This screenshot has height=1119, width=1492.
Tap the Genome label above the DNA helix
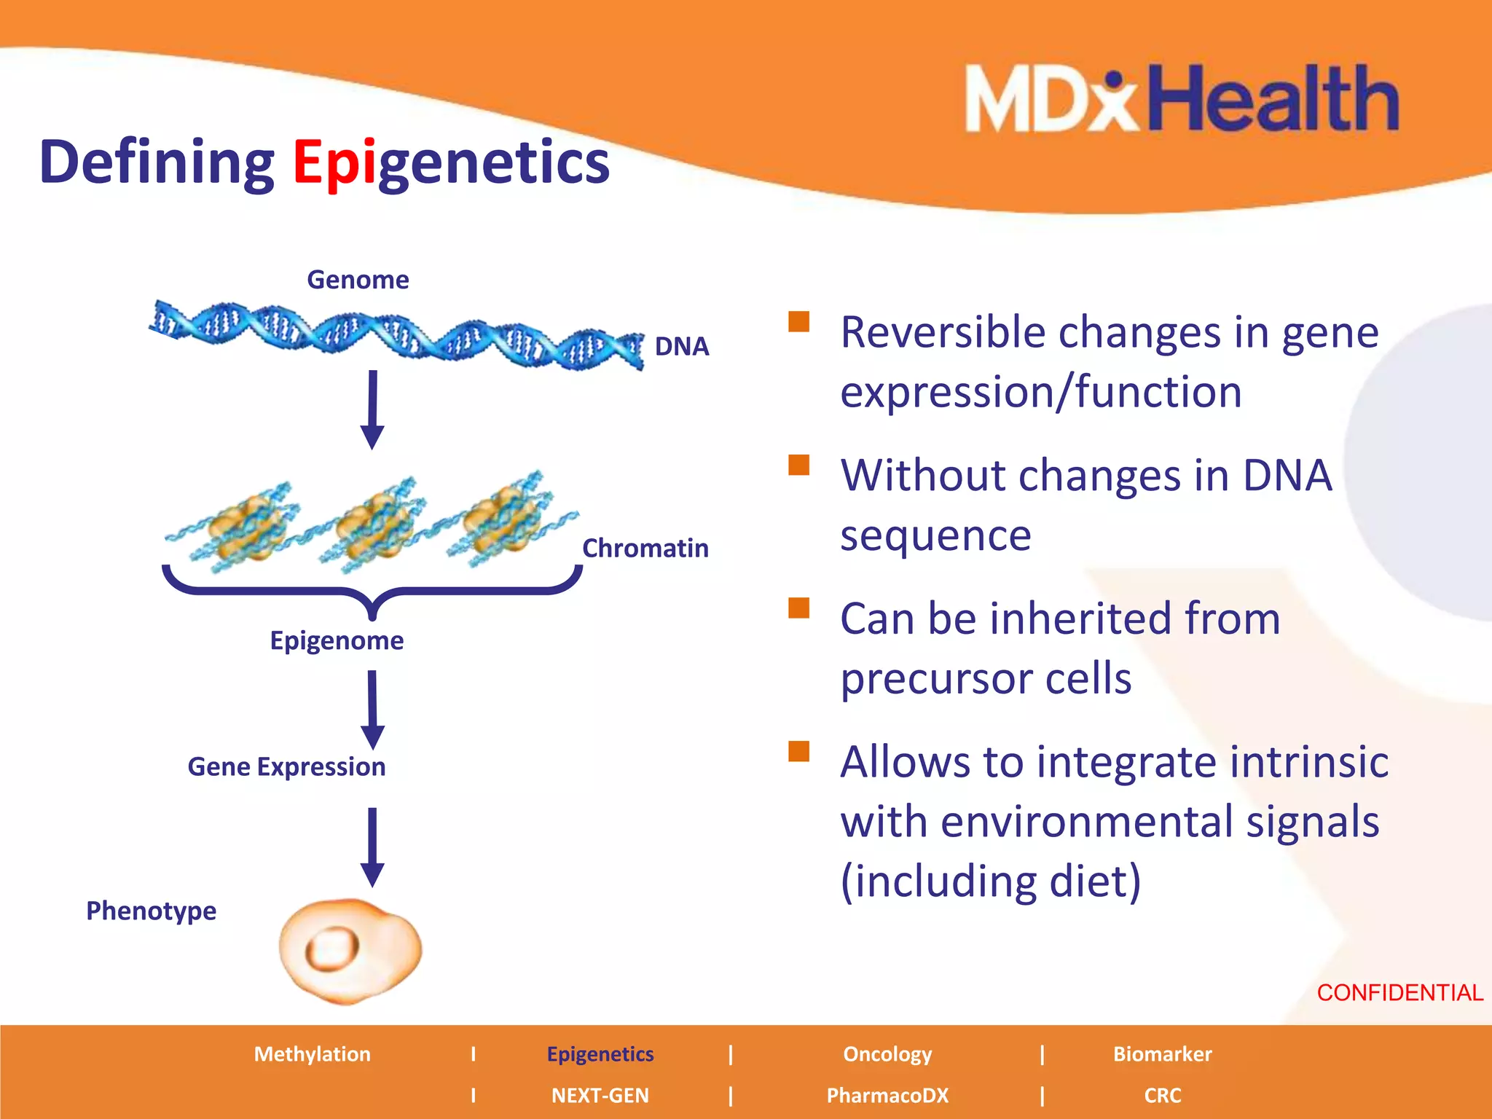point(358,280)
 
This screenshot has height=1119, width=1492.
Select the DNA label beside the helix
point(681,346)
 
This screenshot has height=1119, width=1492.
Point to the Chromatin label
point(645,548)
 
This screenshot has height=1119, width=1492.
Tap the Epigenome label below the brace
point(337,640)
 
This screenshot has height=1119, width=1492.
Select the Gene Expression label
point(286,766)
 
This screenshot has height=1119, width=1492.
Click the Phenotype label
point(151,911)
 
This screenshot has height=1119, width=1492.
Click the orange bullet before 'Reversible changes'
point(799,321)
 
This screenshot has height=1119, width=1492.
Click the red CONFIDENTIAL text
point(1399,992)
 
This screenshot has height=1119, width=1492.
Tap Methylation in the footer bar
point(312,1054)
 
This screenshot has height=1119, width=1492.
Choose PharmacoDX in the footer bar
point(887,1096)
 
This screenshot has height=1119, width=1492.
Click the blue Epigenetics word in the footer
point(600,1054)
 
